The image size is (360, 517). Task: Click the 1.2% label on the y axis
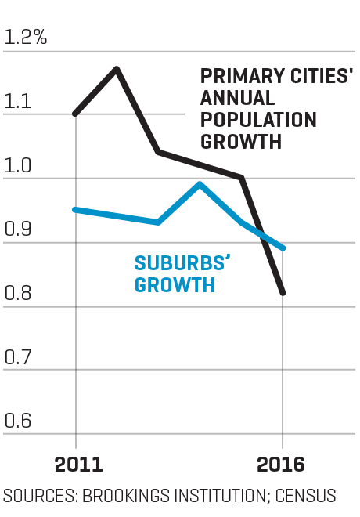pos(26,37)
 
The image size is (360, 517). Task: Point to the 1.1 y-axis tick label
pos(19,101)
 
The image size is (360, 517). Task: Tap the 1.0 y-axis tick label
pos(20,165)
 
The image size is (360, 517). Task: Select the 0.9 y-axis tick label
pos(20,230)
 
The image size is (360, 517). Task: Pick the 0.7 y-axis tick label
pos(20,357)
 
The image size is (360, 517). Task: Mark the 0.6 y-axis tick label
pos(20,421)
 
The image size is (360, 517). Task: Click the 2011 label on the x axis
pos(78,465)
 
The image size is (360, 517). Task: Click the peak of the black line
pos(117,69)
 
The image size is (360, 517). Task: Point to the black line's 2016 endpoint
pos(283,293)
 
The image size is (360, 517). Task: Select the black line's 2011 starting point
pos(76,114)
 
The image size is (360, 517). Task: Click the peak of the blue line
pos(200,184)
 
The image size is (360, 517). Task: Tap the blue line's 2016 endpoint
pos(283,248)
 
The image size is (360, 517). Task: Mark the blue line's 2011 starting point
pos(76,209)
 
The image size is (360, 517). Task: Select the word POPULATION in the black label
pos(258,120)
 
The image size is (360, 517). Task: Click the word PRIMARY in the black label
pos(236,77)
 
